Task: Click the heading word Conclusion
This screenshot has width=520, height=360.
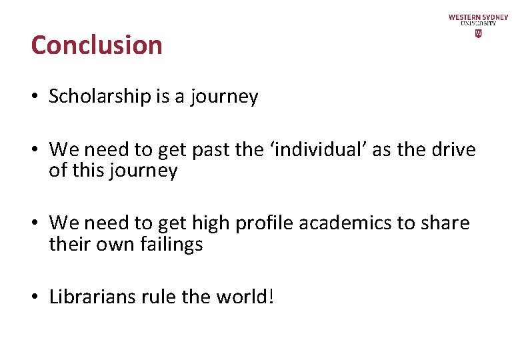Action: tap(97, 45)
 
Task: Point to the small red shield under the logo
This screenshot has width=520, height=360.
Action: tap(478, 33)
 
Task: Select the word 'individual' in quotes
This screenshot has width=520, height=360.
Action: tap(319, 149)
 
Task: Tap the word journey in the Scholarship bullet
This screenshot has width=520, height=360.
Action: tap(224, 97)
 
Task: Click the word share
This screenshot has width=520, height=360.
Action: tap(445, 223)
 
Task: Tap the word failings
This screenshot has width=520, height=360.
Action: tap(171, 244)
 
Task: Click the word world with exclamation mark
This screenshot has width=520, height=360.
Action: tap(245, 296)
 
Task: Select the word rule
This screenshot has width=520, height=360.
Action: tap(159, 296)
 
